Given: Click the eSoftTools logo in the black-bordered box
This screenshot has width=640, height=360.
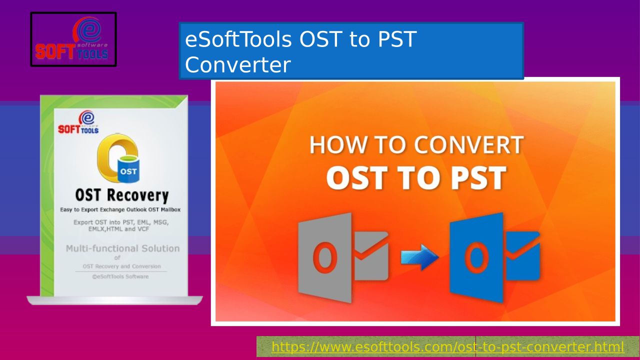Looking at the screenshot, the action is click(x=72, y=38).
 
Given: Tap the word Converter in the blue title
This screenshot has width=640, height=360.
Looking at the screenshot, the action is click(x=237, y=65).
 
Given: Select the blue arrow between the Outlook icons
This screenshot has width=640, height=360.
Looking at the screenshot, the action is click(x=419, y=257).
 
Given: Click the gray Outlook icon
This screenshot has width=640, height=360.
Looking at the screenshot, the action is click(x=343, y=257).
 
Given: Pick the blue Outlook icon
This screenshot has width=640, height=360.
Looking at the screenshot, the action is click(x=494, y=257).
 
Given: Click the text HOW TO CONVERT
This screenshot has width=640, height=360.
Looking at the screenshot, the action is click(x=416, y=145).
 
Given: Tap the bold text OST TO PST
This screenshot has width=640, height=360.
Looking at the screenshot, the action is click(x=416, y=177).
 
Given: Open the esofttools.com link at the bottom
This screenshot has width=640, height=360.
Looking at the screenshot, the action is click(x=447, y=347).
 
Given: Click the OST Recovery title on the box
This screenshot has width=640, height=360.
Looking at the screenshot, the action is click(x=121, y=195).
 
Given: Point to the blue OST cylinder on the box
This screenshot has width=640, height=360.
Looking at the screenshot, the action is click(x=128, y=169).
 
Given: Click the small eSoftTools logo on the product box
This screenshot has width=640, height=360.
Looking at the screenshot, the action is click(x=78, y=122).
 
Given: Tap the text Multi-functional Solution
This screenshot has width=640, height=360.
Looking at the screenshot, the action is click(x=123, y=248).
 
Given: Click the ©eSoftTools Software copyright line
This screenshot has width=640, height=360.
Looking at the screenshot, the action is click(x=120, y=276).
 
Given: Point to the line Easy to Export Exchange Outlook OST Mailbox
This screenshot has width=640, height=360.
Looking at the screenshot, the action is click(x=120, y=209).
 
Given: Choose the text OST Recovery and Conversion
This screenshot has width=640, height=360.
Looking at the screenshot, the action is click(x=121, y=266).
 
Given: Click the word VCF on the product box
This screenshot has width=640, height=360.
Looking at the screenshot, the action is click(x=143, y=229).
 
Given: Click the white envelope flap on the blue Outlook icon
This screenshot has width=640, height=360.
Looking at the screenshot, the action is click(x=523, y=245).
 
